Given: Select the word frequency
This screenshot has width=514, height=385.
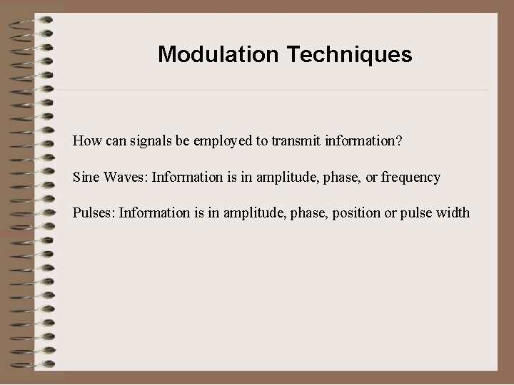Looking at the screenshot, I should [410, 177].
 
